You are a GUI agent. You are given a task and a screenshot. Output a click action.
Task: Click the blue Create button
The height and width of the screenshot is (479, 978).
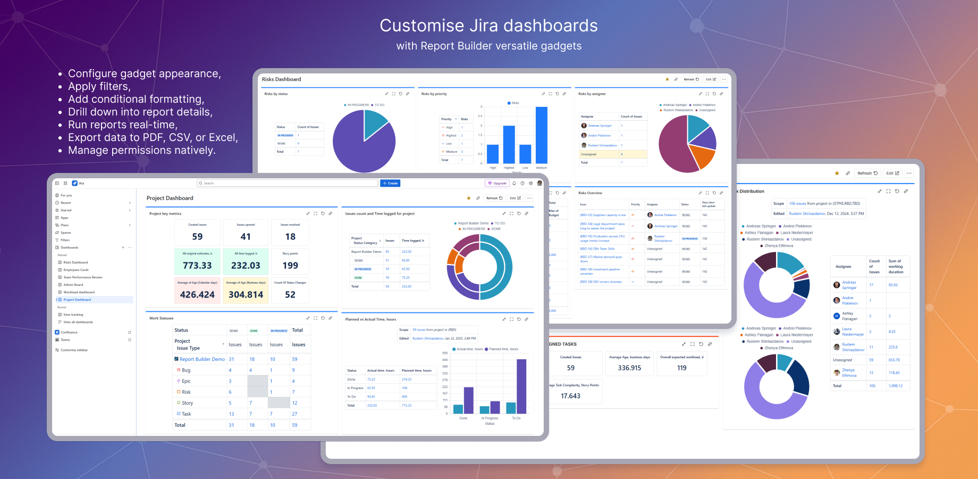tap(390, 183)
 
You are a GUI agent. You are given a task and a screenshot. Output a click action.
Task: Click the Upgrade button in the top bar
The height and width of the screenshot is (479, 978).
tap(498, 183)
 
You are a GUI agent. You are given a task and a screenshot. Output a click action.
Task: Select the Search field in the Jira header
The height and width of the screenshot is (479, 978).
tap(287, 183)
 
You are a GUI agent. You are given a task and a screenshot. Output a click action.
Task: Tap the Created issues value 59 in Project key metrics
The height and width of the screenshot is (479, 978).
tap(197, 237)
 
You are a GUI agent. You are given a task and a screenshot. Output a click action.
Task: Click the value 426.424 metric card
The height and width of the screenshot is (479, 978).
tap(197, 294)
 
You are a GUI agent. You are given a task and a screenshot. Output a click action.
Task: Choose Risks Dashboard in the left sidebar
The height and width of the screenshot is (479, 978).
tap(75, 262)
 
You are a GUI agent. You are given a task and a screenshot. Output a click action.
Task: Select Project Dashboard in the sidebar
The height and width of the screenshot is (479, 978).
tap(77, 300)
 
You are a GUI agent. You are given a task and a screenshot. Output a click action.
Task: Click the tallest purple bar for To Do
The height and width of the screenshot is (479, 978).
tap(521, 386)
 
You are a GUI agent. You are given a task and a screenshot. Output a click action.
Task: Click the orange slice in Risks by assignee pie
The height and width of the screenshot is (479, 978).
tap(702, 156)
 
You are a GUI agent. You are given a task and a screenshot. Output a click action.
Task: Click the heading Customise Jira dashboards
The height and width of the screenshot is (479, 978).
tap(488, 26)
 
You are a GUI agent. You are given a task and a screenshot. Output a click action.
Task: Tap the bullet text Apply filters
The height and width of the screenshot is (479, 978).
tap(99, 86)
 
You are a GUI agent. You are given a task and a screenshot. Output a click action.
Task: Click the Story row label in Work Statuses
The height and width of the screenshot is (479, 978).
tap(187, 403)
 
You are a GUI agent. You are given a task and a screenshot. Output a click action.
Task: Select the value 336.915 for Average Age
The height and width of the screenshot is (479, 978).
tap(629, 368)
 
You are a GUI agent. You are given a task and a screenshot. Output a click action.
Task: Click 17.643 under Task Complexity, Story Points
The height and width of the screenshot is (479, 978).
tap(570, 396)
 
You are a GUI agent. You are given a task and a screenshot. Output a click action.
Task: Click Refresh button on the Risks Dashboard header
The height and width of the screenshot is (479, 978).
tap(691, 79)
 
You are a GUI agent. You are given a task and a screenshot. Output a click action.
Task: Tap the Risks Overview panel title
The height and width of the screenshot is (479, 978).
tap(590, 193)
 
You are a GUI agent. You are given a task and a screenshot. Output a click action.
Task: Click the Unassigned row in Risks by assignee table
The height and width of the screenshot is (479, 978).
tap(588, 154)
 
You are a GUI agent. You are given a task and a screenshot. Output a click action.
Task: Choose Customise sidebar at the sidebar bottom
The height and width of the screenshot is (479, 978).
tap(74, 350)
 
